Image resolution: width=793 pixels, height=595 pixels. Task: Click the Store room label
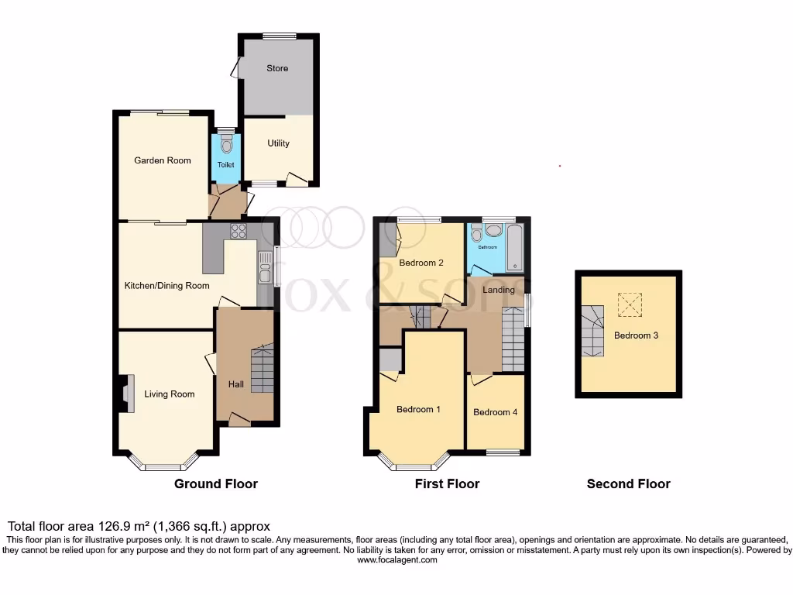pyautogui.click(x=277, y=68)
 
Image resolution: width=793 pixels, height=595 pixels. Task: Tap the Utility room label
pyautogui.click(x=278, y=143)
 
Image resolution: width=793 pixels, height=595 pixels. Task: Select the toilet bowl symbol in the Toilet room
pyautogui.click(x=225, y=145)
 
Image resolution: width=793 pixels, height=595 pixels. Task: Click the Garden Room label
pyautogui.click(x=163, y=160)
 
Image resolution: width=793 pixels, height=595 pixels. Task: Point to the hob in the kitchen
pyautogui.click(x=237, y=230)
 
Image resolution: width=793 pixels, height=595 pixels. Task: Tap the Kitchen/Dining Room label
pyautogui.click(x=167, y=285)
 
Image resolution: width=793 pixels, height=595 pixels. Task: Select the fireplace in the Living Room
pyautogui.click(x=126, y=392)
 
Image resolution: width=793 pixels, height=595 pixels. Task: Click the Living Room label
pyautogui.click(x=170, y=394)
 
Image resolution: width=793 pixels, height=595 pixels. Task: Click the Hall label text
pyautogui.click(x=235, y=383)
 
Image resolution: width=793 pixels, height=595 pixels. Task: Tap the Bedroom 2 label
pyautogui.click(x=421, y=263)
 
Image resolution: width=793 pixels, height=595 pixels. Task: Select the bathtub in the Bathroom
pyautogui.click(x=514, y=247)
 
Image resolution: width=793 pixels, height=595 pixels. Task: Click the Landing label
pyautogui.click(x=499, y=290)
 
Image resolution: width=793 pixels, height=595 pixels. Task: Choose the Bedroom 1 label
pyautogui.click(x=418, y=409)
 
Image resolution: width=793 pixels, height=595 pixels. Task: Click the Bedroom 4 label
pyautogui.click(x=496, y=412)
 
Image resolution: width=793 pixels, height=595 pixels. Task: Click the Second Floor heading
pyautogui.click(x=628, y=483)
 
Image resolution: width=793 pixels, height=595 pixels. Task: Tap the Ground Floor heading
pyautogui.click(x=215, y=483)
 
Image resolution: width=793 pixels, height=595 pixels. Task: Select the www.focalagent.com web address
pyautogui.click(x=396, y=559)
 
